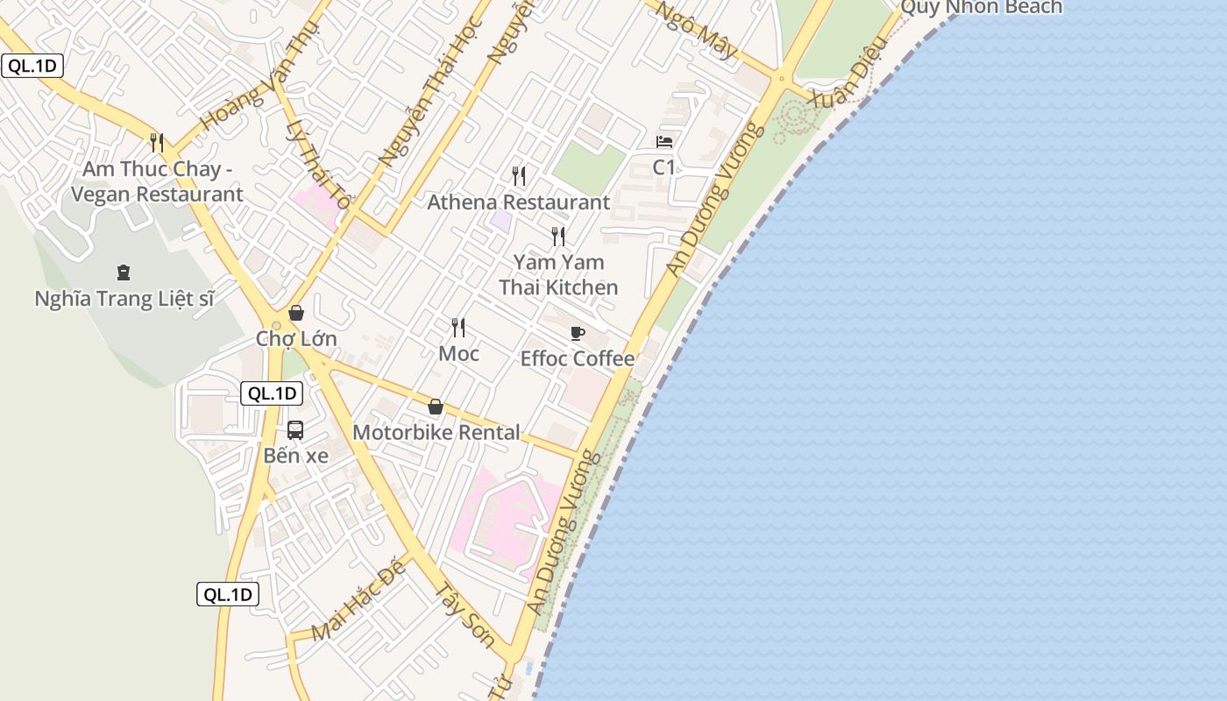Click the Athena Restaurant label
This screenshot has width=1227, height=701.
pos(518,202)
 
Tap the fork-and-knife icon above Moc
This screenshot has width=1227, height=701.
pos(458,328)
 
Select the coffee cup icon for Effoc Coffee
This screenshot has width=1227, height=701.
pos(577,333)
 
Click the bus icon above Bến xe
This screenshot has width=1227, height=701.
pos(295,430)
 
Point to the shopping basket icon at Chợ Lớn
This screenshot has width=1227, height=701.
pos(296,313)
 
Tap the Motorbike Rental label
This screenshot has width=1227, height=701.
pos(436,433)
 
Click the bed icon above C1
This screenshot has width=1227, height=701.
pos(664,142)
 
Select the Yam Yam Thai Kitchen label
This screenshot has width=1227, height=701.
pos(558,274)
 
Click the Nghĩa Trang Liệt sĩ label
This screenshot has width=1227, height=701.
pos(124,299)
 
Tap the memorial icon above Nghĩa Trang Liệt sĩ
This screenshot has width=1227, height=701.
pos(124,273)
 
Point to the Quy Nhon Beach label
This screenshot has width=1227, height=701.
pos(981,8)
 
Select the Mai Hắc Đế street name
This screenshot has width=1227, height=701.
pos(359,600)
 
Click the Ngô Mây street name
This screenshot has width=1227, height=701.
pos(698,30)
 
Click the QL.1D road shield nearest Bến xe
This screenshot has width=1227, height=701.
pos(272,393)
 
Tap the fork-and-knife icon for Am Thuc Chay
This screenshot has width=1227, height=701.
pos(157,142)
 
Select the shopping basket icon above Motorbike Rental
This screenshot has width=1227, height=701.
pos(435,407)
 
